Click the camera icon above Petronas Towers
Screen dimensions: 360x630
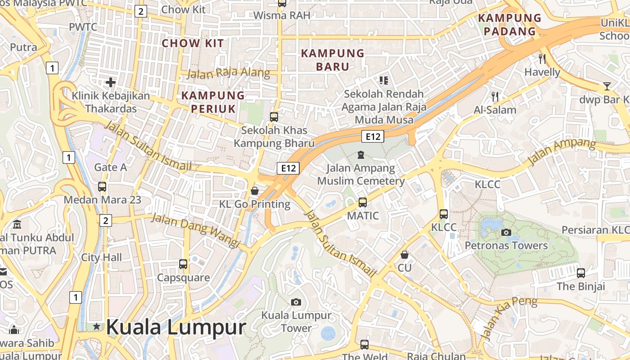click(x=506, y=232)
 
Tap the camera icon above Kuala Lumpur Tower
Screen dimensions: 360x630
click(x=296, y=302)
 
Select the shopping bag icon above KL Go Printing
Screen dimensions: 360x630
click(x=255, y=191)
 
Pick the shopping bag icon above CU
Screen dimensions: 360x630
click(x=405, y=255)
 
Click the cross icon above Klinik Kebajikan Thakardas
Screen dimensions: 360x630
click(x=111, y=82)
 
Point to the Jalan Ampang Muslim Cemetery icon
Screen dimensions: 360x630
click(x=360, y=155)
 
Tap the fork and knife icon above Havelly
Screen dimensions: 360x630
click(x=542, y=58)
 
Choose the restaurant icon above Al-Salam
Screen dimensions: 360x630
click(x=495, y=96)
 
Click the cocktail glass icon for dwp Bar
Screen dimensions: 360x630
click(x=607, y=86)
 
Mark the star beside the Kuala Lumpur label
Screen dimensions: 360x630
click(x=96, y=327)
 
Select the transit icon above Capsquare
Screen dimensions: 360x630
click(x=183, y=264)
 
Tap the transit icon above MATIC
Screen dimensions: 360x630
click(x=363, y=202)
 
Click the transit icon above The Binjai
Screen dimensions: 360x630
click(x=581, y=273)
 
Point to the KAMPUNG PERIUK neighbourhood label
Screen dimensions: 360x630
click(x=213, y=102)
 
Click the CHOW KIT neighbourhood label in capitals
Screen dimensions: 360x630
click(x=193, y=43)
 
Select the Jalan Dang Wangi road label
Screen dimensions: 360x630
click(x=195, y=230)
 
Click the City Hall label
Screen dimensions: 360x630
click(x=102, y=257)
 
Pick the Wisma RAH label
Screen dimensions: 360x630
click(x=282, y=15)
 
